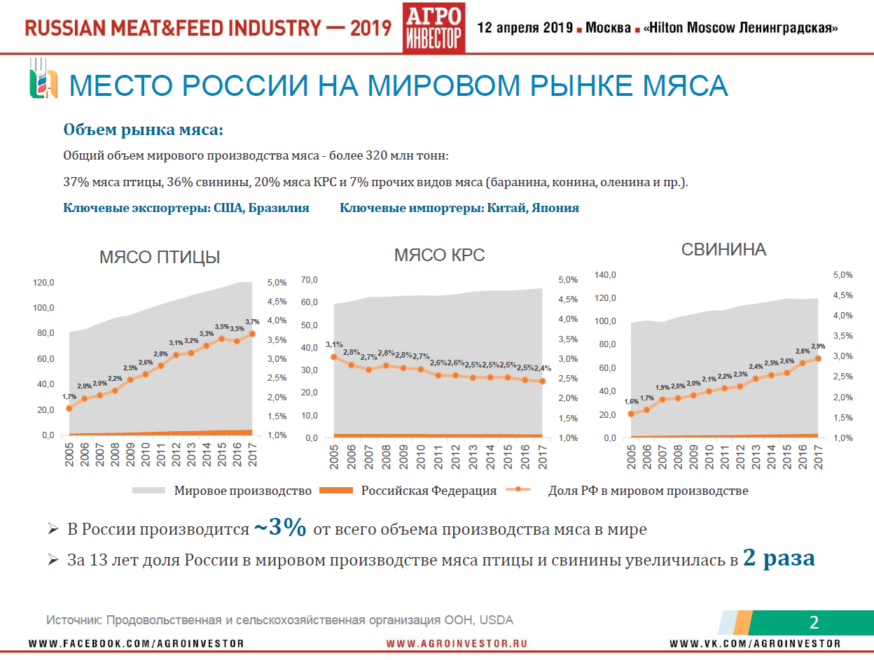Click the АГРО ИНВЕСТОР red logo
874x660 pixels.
(x=433, y=27)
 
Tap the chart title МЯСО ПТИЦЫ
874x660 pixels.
(x=160, y=257)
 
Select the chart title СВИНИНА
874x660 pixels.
(x=724, y=249)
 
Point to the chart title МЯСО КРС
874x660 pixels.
(x=439, y=255)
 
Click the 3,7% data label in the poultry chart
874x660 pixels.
(x=252, y=322)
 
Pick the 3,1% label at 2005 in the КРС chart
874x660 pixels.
(x=334, y=344)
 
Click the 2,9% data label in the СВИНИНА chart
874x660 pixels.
(x=817, y=346)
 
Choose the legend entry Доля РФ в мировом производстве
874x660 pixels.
(x=648, y=491)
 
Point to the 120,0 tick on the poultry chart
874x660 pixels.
(x=43, y=283)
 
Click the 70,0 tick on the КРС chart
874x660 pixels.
(x=310, y=280)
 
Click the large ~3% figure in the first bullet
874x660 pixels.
(x=279, y=528)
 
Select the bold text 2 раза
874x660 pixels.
(x=779, y=559)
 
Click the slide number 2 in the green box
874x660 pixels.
(x=814, y=622)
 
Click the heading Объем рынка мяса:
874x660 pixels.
(x=144, y=129)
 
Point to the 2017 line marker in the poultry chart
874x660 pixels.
(x=252, y=334)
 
